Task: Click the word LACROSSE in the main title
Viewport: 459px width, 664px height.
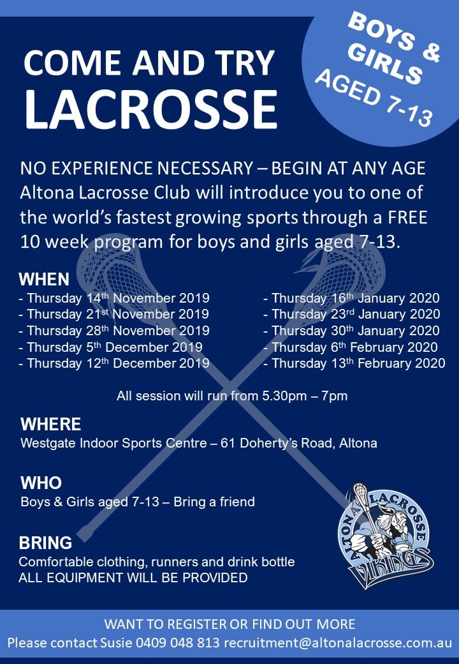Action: (151, 109)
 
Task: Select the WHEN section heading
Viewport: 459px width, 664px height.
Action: (44, 280)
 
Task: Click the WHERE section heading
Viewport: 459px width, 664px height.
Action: (51, 425)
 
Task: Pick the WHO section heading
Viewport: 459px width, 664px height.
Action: (41, 483)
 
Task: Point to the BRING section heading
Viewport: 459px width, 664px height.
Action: (45, 543)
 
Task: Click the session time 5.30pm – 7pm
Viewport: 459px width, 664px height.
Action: (305, 396)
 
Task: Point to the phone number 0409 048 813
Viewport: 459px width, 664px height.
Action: (177, 642)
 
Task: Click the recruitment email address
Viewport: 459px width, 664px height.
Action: (338, 642)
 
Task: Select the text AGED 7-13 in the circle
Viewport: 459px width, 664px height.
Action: (374, 98)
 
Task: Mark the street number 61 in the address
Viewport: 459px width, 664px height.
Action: (228, 443)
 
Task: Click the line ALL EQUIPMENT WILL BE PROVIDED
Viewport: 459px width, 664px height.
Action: (133, 578)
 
